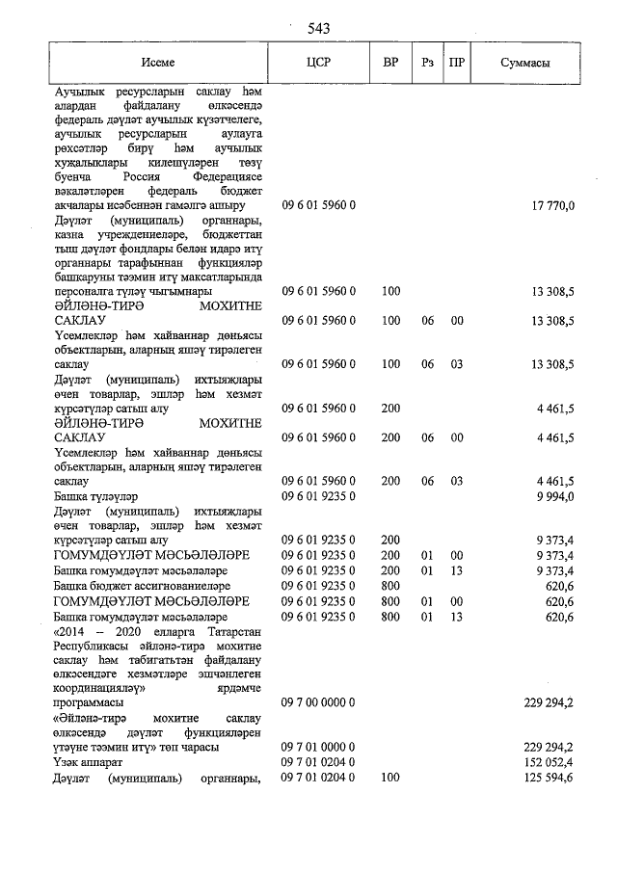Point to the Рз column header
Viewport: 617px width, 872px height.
[427, 63]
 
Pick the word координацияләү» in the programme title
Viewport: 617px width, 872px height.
[99, 689]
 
